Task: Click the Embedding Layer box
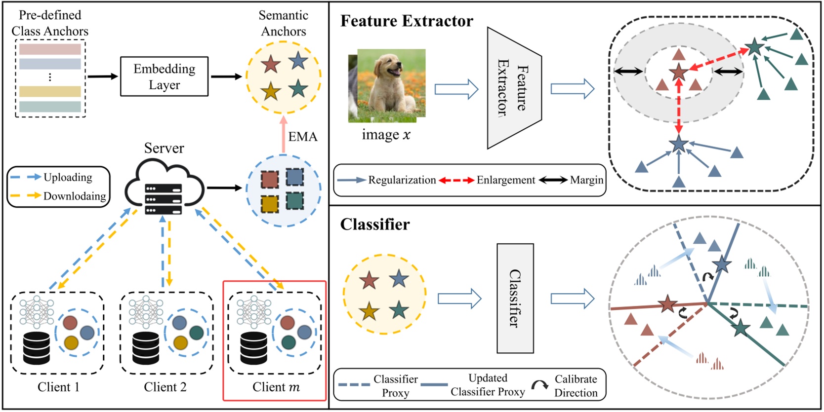click(x=164, y=76)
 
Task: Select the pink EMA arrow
click(x=283, y=134)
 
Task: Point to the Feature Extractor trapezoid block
click(x=514, y=88)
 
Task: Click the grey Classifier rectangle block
click(x=515, y=298)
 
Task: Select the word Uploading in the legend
click(x=68, y=177)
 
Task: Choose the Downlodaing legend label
click(x=75, y=196)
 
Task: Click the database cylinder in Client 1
click(x=37, y=348)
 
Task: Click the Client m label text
click(x=276, y=387)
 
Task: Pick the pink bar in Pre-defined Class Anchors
click(x=50, y=49)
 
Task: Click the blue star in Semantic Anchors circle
click(x=298, y=61)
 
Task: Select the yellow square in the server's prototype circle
click(x=269, y=204)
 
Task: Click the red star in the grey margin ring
click(x=678, y=73)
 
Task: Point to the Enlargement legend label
click(x=505, y=180)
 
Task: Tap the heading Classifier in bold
click(x=375, y=225)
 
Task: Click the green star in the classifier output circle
click(x=740, y=328)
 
